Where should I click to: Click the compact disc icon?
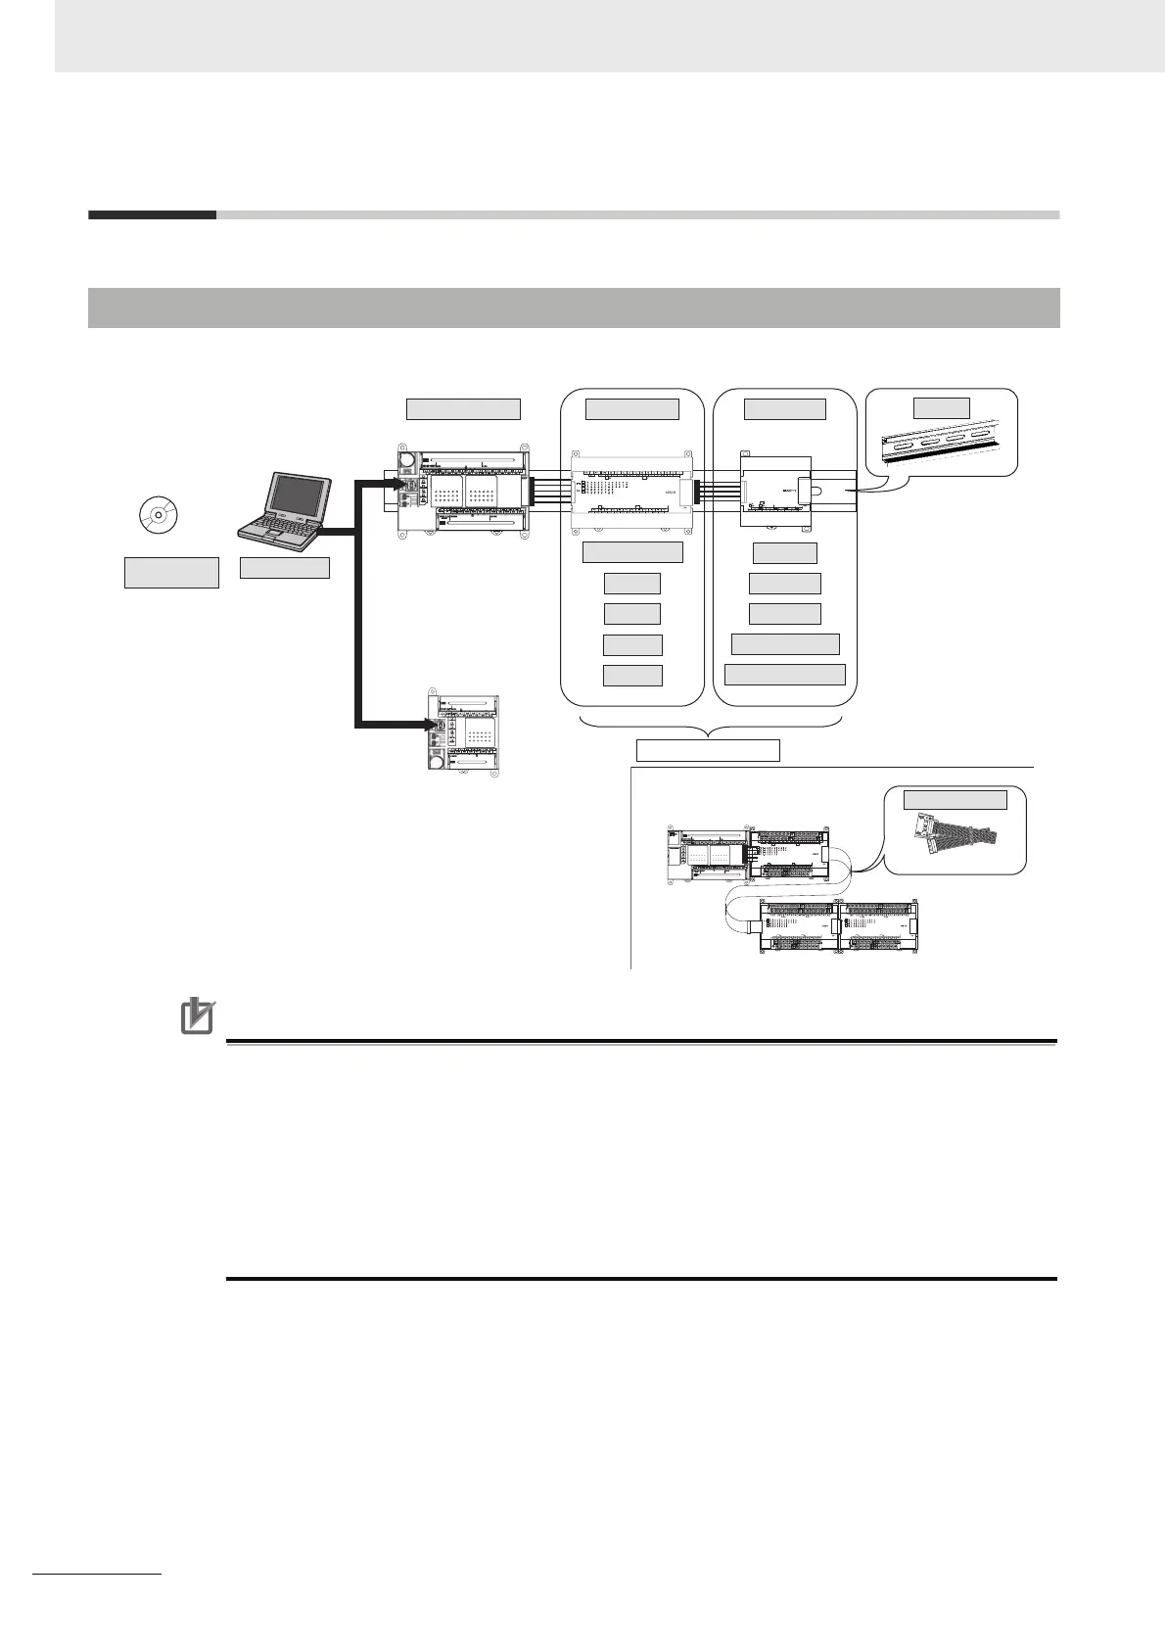[159, 514]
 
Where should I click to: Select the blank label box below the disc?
[171, 572]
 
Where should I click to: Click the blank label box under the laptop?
[284, 567]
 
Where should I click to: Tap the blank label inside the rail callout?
[941, 407]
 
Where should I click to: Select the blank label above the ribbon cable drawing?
[955, 799]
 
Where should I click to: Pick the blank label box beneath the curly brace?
[708, 750]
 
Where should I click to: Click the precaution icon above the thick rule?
[198, 1015]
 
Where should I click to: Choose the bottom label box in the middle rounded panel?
[632, 676]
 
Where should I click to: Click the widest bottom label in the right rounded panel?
[785, 675]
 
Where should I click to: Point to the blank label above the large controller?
[463, 408]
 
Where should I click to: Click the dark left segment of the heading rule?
[152, 214]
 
